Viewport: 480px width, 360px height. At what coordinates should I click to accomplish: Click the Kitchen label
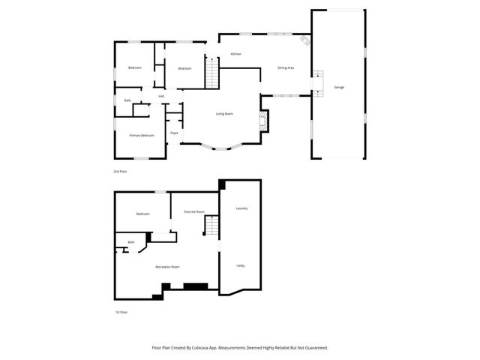click(235, 54)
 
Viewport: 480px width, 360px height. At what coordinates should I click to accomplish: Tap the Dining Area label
click(286, 67)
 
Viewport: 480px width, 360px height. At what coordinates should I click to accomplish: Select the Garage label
click(339, 88)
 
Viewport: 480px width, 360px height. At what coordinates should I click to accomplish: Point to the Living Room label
click(224, 113)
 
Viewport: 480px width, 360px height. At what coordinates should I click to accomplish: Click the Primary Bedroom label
click(142, 135)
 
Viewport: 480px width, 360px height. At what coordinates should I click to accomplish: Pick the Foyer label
click(174, 133)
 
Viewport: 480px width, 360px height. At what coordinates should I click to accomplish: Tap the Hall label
click(161, 96)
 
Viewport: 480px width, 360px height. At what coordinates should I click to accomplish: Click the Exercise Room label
click(194, 211)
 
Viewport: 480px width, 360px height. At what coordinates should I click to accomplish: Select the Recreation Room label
click(167, 266)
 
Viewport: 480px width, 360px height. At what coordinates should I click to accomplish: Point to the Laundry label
click(241, 208)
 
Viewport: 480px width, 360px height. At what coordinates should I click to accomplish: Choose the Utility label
click(241, 265)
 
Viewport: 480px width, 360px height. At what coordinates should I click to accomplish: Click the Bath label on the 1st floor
click(131, 241)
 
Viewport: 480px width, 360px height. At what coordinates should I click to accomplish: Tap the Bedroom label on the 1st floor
click(142, 214)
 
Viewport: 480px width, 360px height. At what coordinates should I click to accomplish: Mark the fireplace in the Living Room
click(263, 121)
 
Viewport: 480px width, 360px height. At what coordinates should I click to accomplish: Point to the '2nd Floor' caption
click(120, 172)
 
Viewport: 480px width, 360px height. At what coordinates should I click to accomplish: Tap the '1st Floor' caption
click(121, 311)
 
